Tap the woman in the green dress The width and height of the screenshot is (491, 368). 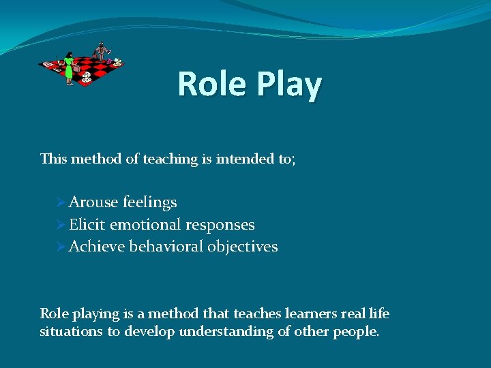[69, 69]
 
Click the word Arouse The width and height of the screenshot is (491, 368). [93, 202]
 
